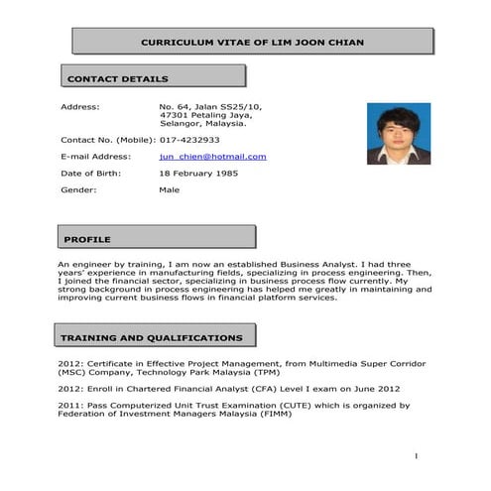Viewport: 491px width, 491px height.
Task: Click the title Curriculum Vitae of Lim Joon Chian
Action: click(x=253, y=43)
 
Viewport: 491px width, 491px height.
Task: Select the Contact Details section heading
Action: click(x=117, y=79)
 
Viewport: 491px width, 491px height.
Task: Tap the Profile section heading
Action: click(x=87, y=240)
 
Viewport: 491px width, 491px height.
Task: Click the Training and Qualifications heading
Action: click(x=151, y=338)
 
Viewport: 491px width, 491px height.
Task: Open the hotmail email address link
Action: click(x=212, y=157)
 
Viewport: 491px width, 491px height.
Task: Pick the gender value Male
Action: click(x=170, y=189)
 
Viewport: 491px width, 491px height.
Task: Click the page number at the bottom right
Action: click(x=417, y=455)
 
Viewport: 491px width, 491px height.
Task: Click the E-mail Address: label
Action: click(x=95, y=157)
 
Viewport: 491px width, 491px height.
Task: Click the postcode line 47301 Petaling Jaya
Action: click(x=209, y=115)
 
